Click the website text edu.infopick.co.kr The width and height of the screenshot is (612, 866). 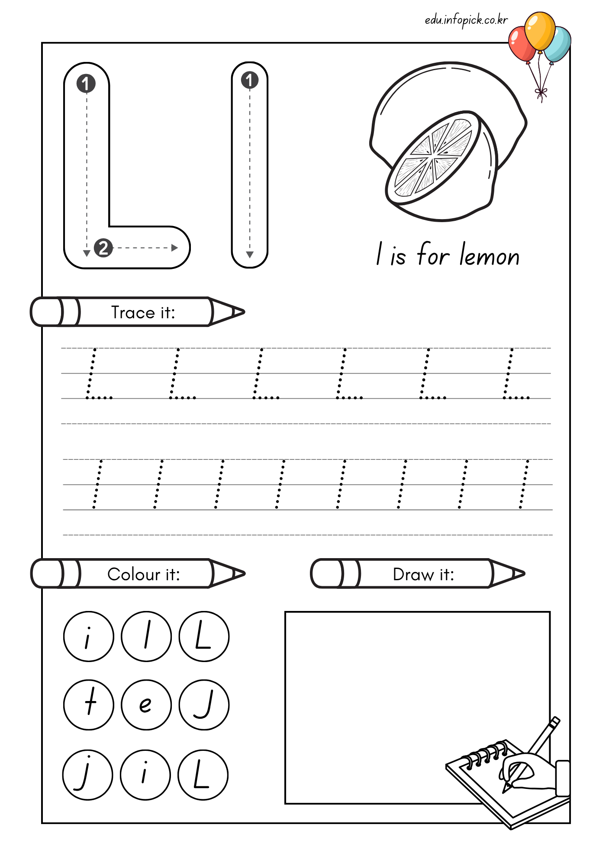pyautogui.click(x=466, y=20)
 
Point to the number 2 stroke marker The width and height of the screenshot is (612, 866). pyautogui.click(x=103, y=248)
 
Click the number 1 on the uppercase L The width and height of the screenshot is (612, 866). pyautogui.click(x=86, y=84)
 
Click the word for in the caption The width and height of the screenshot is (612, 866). pyautogui.click(x=433, y=254)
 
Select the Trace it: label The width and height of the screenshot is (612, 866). pyautogui.click(x=143, y=312)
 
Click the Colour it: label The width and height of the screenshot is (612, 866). pyautogui.click(x=144, y=574)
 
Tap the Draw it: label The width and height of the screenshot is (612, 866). pyautogui.click(x=423, y=575)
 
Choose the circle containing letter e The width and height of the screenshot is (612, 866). pyautogui.click(x=146, y=705)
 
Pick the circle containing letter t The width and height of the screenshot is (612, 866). pyautogui.click(x=89, y=705)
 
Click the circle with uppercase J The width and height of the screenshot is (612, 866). pyautogui.click(x=204, y=705)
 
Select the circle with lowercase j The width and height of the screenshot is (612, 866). pyautogui.click(x=88, y=775)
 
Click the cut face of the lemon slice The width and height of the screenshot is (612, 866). pyautogui.click(x=433, y=158)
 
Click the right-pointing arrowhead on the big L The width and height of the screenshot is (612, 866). pyautogui.click(x=175, y=248)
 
